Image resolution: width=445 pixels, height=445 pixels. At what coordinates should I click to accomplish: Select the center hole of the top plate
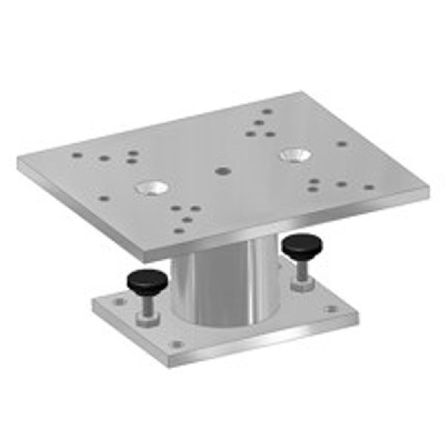coord(221,171)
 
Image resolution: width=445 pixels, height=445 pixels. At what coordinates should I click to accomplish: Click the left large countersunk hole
coord(151,188)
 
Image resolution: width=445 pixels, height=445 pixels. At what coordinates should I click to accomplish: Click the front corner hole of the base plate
coord(177,344)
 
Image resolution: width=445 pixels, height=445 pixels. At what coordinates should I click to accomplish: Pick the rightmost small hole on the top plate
coord(369,187)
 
